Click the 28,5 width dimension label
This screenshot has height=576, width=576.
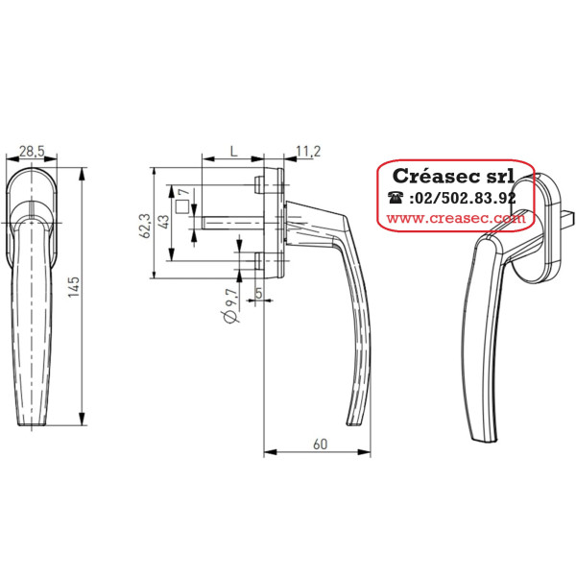click(x=32, y=151)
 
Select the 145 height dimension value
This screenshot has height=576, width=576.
click(x=74, y=287)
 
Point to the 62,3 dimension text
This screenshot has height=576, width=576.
click(x=146, y=226)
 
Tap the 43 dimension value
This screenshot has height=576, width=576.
click(x=163, y=222)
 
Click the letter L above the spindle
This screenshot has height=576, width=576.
click(x=233, y=151)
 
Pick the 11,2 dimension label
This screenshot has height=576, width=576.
click(x=308, y=151)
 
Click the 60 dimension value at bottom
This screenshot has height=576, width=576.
click(x=320, y=444)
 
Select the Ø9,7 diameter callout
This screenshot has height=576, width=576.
click(x=230, y=306)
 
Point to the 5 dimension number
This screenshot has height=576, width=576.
click(x=258, y=293)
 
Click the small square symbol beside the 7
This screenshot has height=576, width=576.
click(x=182, y=206)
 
